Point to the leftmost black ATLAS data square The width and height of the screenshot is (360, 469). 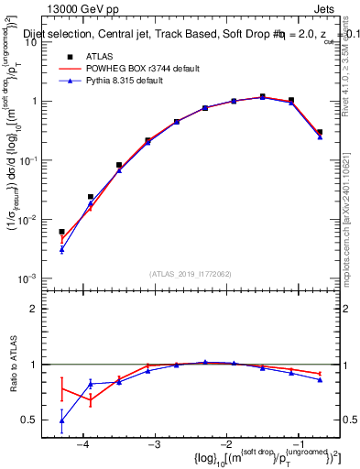[61, 232]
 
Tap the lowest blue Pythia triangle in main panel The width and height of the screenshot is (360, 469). [61, 249]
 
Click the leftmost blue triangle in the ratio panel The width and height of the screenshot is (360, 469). [61, 420]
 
